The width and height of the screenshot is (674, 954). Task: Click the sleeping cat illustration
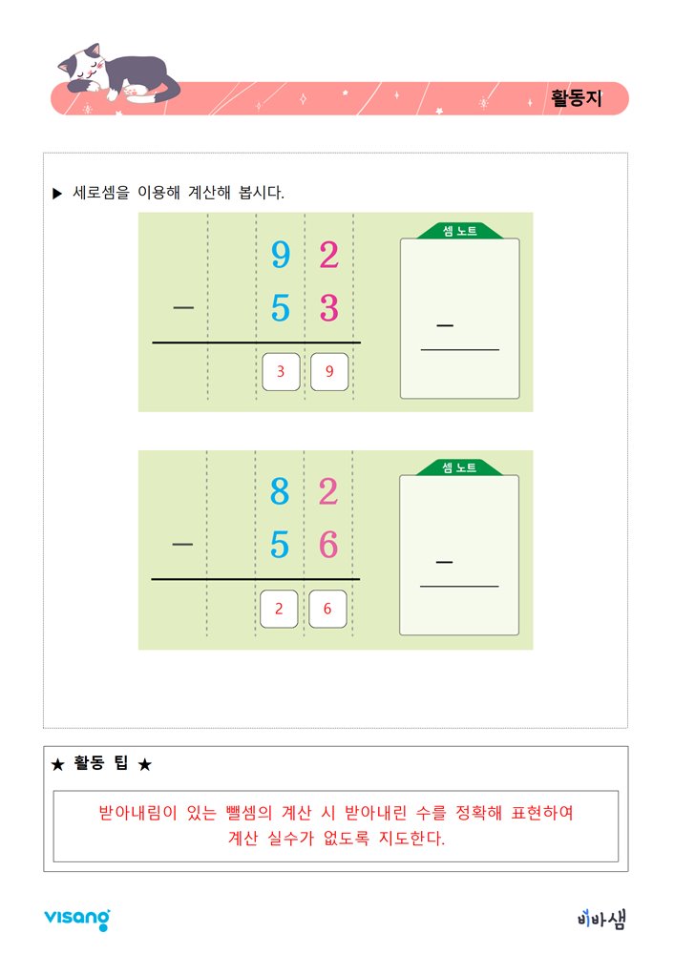click(119, 73)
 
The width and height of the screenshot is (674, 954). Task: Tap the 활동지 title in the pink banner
click(576, 98)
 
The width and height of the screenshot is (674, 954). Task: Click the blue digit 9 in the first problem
click(280, 255)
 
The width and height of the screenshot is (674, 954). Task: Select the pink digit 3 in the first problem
click(328, 308)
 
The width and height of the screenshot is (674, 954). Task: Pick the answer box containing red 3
click(281, 372)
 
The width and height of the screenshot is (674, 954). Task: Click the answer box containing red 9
click(329, 372)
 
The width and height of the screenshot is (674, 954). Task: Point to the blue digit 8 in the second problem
click(280, 491)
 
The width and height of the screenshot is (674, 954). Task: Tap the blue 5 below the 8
click(280, 545)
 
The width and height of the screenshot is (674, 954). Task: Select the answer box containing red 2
click(279, 609)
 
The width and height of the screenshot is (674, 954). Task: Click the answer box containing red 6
click(327, 609)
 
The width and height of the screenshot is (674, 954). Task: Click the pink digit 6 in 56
click(328, 545)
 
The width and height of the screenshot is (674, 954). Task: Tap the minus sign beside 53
click(183, 308)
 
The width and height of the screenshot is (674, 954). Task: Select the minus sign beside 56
click(182, 544)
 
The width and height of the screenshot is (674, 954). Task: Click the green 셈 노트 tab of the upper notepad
click(460, 231)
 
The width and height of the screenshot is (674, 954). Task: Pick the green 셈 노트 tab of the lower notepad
click(459, 467)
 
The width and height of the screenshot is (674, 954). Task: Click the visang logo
click(77, 919)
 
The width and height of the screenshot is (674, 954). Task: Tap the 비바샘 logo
click(601, 918)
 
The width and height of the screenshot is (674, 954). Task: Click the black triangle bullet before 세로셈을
click(57, 194)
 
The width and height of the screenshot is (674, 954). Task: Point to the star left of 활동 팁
click(58, 764)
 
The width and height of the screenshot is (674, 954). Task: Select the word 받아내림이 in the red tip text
click(137, 813)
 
